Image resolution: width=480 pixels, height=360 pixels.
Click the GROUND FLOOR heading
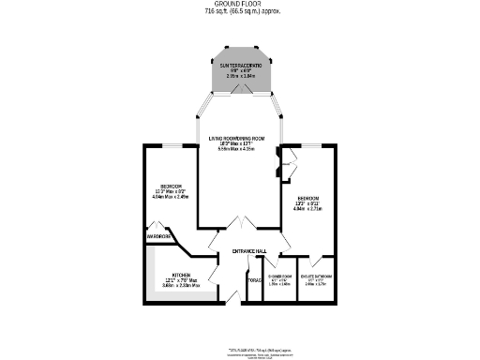tap(240, 5)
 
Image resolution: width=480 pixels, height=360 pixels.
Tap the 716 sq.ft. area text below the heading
tap(240, 12)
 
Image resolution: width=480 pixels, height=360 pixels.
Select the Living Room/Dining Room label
tap(237, 139)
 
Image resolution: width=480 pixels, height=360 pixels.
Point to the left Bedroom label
tap(171, 186)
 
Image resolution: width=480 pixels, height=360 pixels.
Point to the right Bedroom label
tap(308, 199)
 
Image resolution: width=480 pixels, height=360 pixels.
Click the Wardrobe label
tap(158, 237)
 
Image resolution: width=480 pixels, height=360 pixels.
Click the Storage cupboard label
tap(254, 280)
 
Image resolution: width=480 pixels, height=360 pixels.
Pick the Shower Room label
tap(280, 277)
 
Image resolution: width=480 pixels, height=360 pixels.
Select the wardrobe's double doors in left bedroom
tap(160, 225)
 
